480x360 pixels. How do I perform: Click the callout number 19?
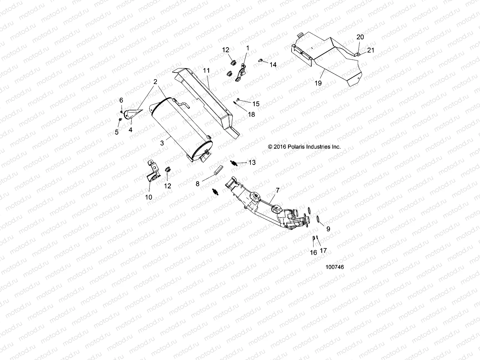pyautogui.click(x=318, y=83)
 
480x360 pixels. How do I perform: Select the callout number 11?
pyautogui.click(x=206, y=70)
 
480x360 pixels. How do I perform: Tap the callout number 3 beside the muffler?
pyautogui.click(x=162, y=143)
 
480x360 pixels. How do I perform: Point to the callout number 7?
pyautogui.click(x=277, y=190)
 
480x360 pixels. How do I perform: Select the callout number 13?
pyautogui.click(x=252, y=162)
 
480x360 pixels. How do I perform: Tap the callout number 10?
pyautogui.click(x=148, y=197)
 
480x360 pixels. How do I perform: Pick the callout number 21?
pyautogui.click(x=371, y=50)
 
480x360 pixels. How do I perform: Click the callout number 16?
pyautogui.click(x=313, y=253)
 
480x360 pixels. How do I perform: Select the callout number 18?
pyautogui.click(x=251, y=114)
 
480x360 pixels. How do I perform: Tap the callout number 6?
pyautogui.click(x=121, y=100)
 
